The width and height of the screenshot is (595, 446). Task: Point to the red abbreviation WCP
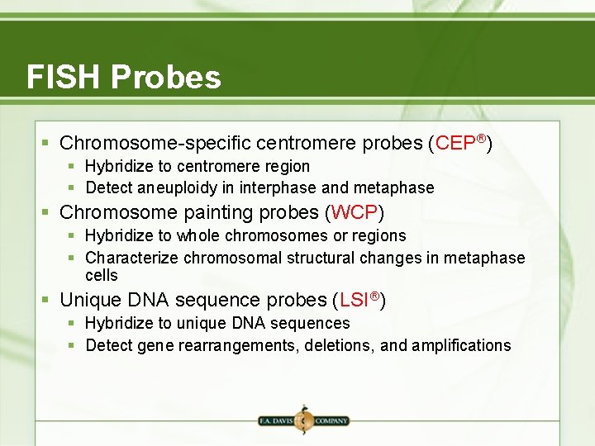click(355, 213)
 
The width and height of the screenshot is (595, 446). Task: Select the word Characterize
click(132, 259)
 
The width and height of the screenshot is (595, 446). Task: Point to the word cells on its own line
click(102, 275)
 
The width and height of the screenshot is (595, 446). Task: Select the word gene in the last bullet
click(155, 345)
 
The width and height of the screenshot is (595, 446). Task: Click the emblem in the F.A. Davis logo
click(302, 420)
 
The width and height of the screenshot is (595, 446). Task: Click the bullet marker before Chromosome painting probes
click(49, 213)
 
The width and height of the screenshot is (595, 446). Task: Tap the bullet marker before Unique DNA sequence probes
click(49, 300)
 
